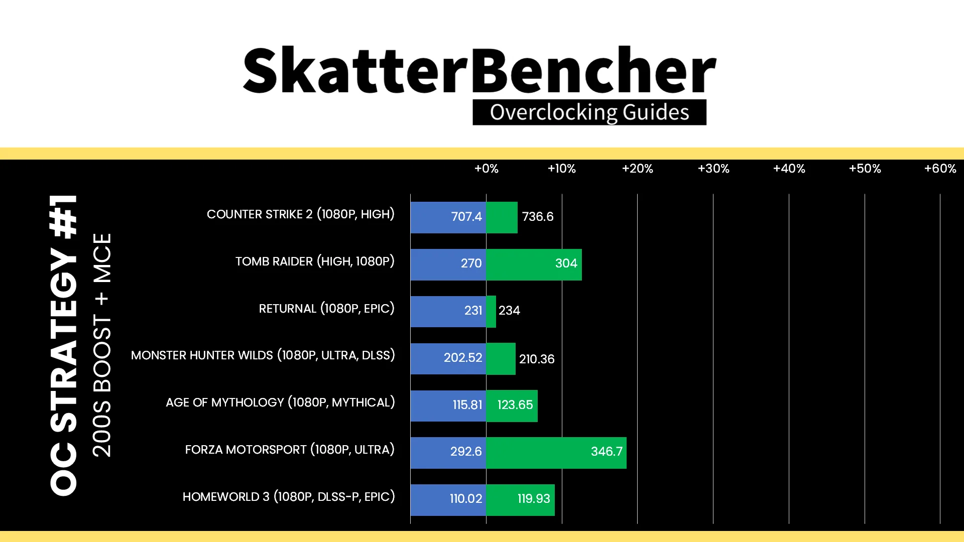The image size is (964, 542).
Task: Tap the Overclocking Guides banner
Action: pos(589,112)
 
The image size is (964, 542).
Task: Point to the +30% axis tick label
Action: pos(713,169)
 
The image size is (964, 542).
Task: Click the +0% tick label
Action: pos(487,169)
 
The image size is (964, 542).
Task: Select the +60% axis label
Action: pos(940,169)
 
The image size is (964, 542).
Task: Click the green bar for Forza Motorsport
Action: pos(556,453)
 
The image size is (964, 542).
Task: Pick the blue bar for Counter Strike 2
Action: pos(448,217)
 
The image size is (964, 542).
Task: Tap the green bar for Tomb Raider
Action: pos(534,264)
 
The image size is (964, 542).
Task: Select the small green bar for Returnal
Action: pos(491,312)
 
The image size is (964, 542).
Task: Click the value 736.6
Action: pos(538,216)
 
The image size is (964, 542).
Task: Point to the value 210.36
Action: pos(537,359)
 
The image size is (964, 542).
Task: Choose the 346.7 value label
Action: pos(607,452)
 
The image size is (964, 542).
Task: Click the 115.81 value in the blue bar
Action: pos(467,404)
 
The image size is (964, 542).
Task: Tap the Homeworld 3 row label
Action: pos(289,497)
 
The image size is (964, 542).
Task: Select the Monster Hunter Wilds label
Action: pos(263,355)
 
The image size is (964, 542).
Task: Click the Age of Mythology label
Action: pos(280,402)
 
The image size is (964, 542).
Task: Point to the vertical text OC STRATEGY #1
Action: pos(64,345)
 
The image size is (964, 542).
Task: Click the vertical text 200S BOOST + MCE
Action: pos(102,345)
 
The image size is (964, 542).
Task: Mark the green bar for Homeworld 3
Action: pos(520,500)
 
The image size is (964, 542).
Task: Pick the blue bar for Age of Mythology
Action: pos(448,406)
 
